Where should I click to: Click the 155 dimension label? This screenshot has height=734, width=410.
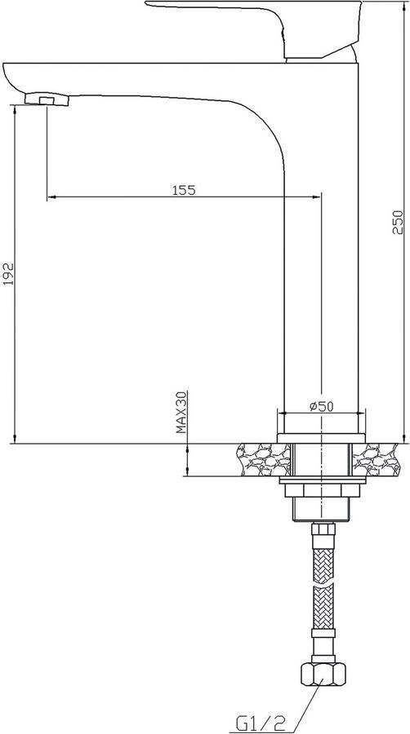click(184, 190)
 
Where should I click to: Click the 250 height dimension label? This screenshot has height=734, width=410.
click(398, 223)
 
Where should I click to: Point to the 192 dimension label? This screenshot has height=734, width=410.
click(8, 274)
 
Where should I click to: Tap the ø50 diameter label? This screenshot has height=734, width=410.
click(322, 406)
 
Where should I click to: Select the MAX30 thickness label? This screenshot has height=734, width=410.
click(181, 412)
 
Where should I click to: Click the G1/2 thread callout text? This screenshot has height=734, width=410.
click(261, 723)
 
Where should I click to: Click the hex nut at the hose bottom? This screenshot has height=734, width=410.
click(323, 674)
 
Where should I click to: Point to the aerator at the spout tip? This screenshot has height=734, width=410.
click(47, 99)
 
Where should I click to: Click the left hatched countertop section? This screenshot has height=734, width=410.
click(263, 460)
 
